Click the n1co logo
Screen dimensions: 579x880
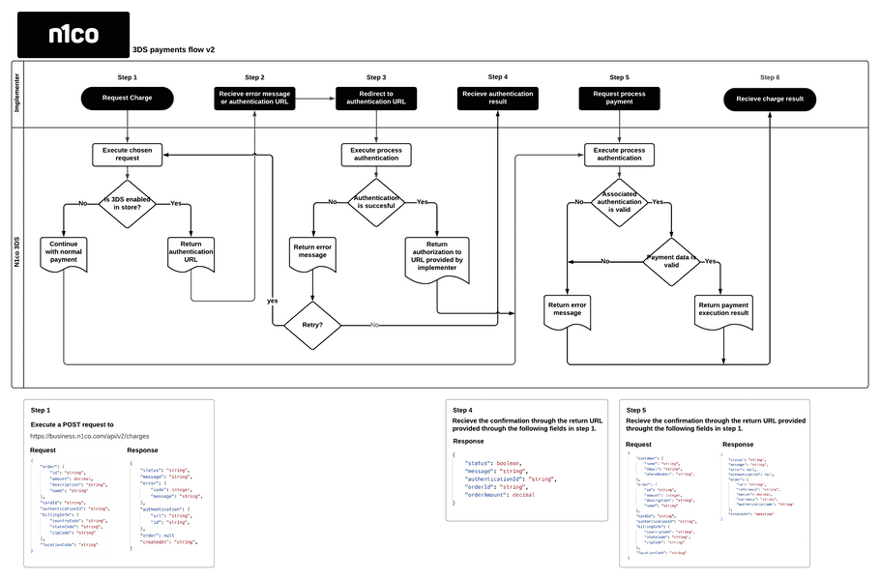(x=73, y=35)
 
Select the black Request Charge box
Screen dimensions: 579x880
(x=128, y=99)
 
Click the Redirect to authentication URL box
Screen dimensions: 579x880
(x=376, y=99)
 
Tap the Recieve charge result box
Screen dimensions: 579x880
(x=770, y=99)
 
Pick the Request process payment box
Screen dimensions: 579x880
(x=619, y=99)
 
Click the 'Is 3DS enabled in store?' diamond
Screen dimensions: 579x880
(x=128, y=203)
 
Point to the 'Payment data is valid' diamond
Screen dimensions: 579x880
(x=671, y=261)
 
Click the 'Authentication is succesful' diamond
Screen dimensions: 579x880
(x=375, y=202)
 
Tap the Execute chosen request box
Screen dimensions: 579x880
(x=128, y=154)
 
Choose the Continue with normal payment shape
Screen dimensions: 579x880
(x=63, y=252)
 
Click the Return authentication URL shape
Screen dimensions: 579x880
(x=191, y=253)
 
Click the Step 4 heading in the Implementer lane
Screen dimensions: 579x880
(x=497, y=76)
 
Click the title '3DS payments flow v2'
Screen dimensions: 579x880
(x=173, y=48)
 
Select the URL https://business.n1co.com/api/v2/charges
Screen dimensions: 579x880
(x=89, y=436)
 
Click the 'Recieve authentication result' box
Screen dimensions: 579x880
(x=497, y=99)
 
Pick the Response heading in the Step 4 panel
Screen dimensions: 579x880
(x=468, y=441)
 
